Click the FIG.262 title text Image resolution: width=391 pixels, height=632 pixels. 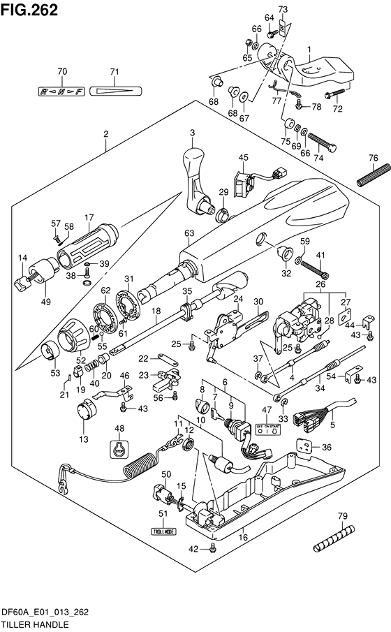[29, 9]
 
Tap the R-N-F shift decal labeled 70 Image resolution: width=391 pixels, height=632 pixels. [62, 91]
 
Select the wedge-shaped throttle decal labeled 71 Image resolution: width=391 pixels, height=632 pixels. [115, 91]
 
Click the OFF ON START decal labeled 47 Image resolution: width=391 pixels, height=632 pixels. [268, 431]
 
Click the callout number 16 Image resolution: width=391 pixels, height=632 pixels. [243, 536]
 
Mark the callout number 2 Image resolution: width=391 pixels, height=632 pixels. [106, 133]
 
